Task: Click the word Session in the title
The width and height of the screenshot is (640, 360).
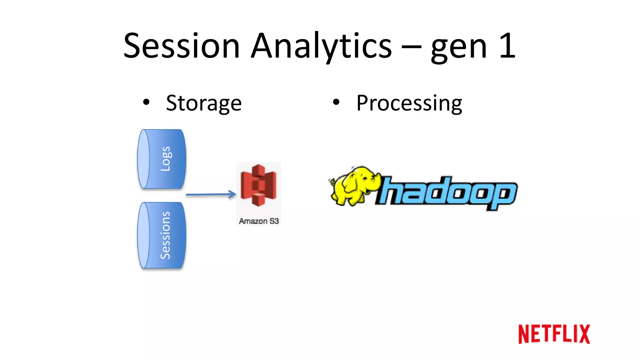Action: point(182,46)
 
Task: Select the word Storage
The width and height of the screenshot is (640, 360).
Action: point(204,103)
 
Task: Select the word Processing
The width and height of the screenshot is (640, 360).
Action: point(409,103)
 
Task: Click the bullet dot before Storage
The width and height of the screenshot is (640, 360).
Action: point(146,102)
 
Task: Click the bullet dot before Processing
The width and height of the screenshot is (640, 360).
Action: point(336,102)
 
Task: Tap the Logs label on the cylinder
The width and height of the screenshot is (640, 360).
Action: point(166,159)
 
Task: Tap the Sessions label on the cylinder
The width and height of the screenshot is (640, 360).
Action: point(165,235)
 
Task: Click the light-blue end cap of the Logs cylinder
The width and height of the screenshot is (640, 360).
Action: point(144,159)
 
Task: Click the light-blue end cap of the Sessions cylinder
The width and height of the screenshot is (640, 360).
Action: point(144,235)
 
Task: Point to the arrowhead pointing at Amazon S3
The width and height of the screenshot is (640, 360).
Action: point(232,194)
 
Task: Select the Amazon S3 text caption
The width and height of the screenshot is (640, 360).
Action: point(259,221)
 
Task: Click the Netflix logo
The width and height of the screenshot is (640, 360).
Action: point(554,334)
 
